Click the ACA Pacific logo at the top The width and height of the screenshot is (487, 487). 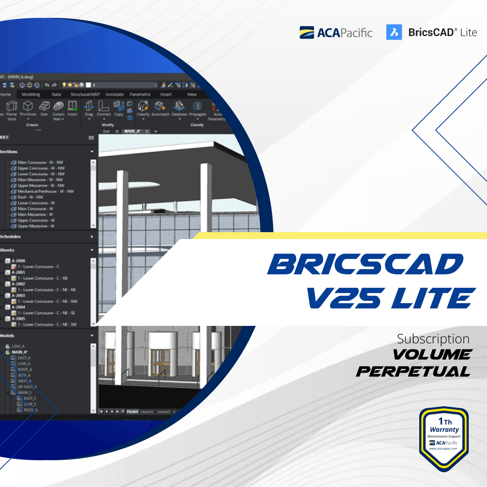(336, 32)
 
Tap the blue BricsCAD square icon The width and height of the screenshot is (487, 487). (394, 32)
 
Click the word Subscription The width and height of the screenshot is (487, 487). (433, 339)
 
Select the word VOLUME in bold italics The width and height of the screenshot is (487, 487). (432, 355)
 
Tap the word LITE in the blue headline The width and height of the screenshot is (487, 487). (433, 298)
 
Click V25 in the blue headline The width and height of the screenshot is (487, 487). (343, 298)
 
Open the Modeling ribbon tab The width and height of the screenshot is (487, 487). (31, 95)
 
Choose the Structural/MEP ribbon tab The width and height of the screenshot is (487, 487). (85, 95)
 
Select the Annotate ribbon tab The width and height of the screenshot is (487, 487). (114, 95)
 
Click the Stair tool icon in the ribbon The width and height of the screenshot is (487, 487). (44, 106)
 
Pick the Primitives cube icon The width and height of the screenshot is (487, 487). (28, 106)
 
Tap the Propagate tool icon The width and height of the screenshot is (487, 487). (198, 106)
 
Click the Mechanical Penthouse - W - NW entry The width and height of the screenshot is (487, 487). (45, 192)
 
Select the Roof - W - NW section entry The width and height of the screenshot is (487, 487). (30, 197)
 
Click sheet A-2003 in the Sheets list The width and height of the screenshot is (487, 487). (18, 296)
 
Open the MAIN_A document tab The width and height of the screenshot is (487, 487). (132, 131)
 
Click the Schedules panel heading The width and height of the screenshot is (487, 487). (11, 237)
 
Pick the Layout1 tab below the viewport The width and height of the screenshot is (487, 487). (147, 412)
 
